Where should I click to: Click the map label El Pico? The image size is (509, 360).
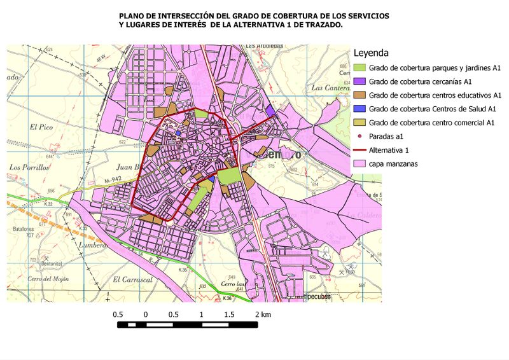coord(40,127)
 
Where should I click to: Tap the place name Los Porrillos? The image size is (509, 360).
coord(29,168)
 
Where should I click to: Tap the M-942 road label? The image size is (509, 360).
coord(113,180)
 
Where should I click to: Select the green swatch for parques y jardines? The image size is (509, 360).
coord(359,68)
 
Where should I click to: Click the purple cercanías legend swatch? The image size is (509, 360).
coord(359,81)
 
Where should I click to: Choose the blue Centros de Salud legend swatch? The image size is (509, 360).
coord(359,109)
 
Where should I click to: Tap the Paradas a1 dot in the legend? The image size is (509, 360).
coord(359,136)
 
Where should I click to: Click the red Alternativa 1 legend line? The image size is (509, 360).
coord(359,150)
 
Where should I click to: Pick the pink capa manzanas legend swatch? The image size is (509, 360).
coord(359,163)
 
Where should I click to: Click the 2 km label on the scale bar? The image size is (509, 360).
coord(263,315)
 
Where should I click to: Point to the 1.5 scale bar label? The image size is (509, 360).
coord(229,315)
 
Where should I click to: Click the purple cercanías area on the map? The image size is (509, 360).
coord(270,111)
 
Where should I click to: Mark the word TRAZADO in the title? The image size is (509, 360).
coord(322,24)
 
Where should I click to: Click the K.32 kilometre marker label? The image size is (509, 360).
coord(48,204)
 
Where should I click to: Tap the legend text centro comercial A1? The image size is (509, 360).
coord(459,123)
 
